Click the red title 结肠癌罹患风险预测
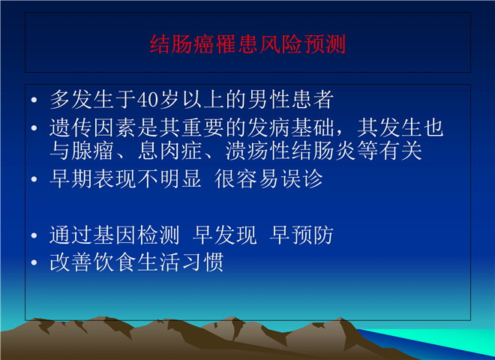247,44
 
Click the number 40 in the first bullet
148,100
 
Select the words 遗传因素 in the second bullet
93,128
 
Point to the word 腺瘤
93,151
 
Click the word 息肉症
169,151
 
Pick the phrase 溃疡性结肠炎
290,151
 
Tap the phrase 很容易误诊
268,178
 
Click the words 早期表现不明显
125,178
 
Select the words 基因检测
136,235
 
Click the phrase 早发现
224,235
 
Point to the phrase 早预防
301,235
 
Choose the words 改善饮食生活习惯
136,262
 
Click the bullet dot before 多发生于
34,100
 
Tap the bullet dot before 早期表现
34,179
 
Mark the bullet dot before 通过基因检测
34,235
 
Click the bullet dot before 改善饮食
34,262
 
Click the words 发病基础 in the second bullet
290,128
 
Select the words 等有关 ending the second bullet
389,151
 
